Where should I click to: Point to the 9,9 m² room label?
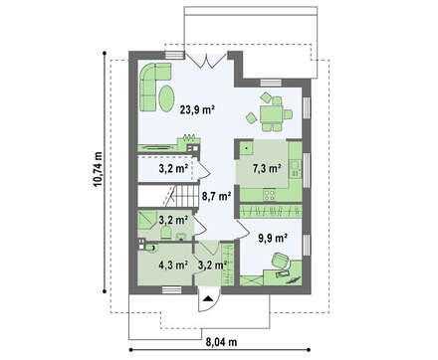273,238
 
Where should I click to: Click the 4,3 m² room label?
173,265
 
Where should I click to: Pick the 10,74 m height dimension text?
98,170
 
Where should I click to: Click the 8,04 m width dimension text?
221,342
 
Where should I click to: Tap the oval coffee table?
165,98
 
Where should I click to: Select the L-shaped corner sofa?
151,84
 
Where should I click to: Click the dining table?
271,114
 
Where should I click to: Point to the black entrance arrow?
208,298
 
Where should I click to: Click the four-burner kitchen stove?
270,194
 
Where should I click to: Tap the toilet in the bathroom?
165,233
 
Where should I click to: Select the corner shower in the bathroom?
147,220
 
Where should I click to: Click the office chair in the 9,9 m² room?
281,260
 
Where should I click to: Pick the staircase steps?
184,196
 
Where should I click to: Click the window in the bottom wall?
171,290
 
